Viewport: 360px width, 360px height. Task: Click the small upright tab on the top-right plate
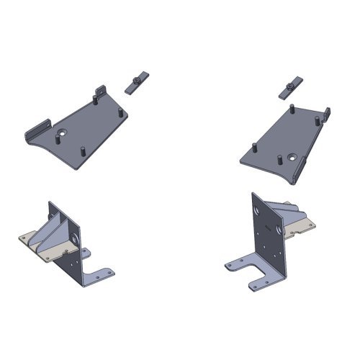(328, 114)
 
